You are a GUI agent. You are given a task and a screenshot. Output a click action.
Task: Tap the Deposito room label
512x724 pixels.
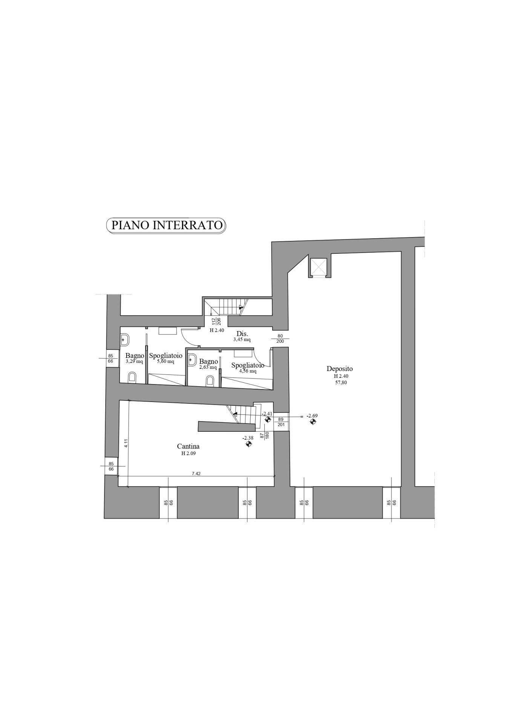coord(340,369)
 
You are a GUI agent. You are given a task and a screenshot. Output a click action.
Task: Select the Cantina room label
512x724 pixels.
coord(189,446)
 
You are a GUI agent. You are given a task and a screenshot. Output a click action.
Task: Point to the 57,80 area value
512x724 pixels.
coord(340,382)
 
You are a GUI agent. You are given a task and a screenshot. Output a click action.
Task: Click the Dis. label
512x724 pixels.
coord(242,334)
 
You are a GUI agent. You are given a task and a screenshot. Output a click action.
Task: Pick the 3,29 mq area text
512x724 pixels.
coord(134,362)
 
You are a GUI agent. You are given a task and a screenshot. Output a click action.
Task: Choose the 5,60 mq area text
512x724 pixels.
coord(166,362)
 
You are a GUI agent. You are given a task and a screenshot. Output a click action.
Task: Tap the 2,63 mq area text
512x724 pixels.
coord(208,367)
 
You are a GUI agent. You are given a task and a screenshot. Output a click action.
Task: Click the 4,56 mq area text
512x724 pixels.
coord(248,371)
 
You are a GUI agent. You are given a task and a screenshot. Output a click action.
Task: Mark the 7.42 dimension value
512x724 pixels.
coord(196,474)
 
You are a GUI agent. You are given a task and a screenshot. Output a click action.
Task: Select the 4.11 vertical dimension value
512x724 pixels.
coord(126,443)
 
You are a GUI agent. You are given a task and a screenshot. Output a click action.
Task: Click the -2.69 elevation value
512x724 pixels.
coord(312,416)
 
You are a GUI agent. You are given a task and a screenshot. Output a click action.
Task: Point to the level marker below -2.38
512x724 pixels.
coord(248,444)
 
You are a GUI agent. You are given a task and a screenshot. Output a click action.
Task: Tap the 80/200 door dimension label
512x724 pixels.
coord(280,339)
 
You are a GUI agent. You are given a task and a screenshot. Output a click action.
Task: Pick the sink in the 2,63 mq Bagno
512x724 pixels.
coord(192,360)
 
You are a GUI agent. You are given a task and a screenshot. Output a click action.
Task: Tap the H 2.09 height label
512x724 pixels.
coord(189,454)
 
